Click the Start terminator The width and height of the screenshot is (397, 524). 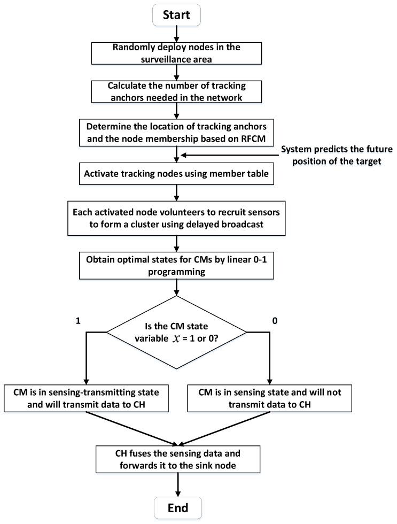coord(176,14)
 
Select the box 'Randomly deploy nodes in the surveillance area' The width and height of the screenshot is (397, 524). coord(176,52)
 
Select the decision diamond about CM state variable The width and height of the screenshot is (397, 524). coord(176,332)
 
